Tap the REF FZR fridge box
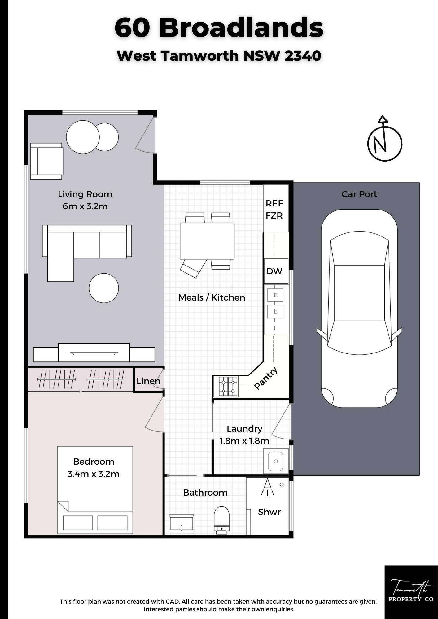(x=276, y=209)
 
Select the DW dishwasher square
(x=276, y=271)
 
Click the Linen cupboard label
(x=148, y=381)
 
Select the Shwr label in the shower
(x=269, y=512)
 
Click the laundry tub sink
(x=276, y=461)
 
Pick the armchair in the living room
(x=46, y=161)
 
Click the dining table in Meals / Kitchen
(x=207, y=241)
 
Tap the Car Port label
(x=359, y=194)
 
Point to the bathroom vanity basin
(x=181, y=524)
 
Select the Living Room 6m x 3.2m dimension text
(x=85, y=200)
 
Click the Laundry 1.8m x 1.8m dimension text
(x=244, y=435)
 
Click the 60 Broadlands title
(x=219, y=28)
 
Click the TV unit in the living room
(x=94, y=353)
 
